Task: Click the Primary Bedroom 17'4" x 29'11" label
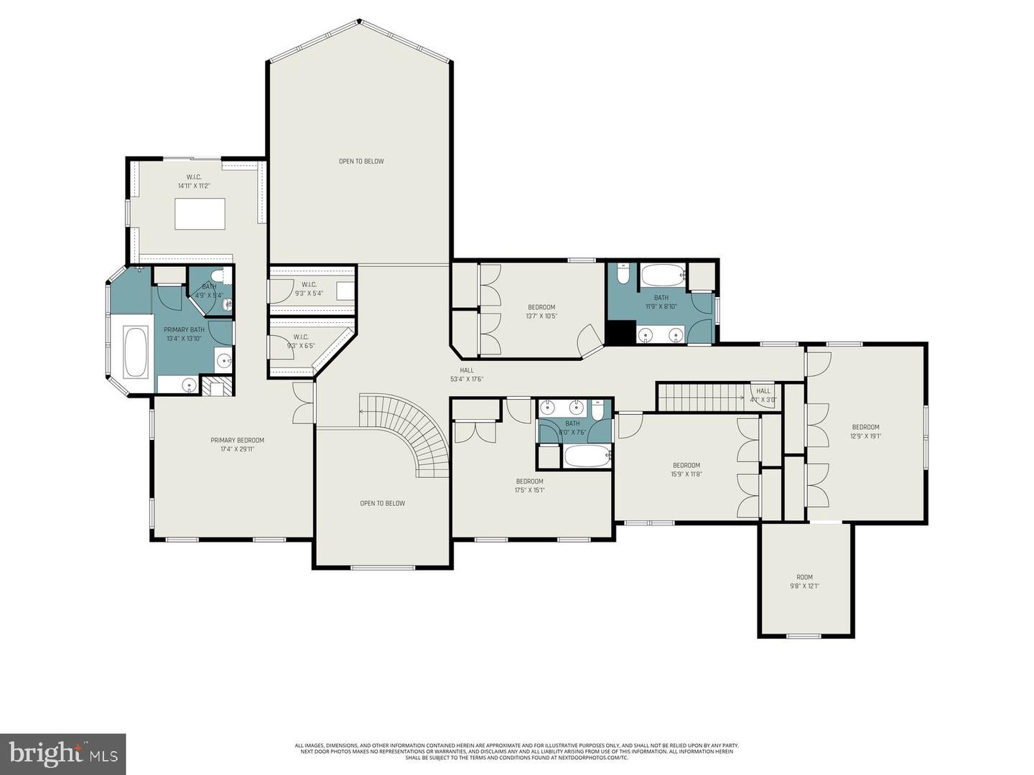(237, 445)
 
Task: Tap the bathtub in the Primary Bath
(136, 352)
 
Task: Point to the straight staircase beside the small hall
(699, 397)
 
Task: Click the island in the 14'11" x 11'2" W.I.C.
(200, 214)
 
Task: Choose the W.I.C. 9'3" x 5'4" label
(309, 288)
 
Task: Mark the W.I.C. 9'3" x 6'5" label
(300, 342)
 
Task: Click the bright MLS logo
(62, 753)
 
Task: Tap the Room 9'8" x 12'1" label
(804, 581)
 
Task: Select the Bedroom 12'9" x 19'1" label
(865, 431)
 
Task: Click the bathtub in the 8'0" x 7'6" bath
(587, 456)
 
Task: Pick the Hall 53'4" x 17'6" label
(467, 375)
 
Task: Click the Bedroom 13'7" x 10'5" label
(541, 311)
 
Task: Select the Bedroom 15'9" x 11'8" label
(686, 469)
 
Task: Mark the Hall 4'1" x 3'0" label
(763, 395)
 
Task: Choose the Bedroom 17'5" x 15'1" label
(529, 486)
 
